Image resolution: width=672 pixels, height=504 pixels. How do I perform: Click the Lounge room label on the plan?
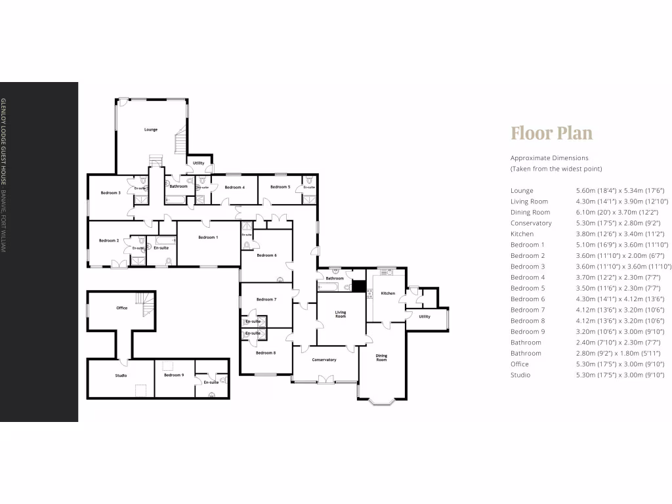tap(151, 129)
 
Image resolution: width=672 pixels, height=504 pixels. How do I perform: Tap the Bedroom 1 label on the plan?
tap(208, 237)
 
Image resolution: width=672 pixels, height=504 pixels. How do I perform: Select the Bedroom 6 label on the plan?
tap(266, 255)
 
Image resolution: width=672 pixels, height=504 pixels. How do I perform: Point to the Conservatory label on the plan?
tap(324, 360)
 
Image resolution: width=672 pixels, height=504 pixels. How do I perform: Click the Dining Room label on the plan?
tap(381, 358)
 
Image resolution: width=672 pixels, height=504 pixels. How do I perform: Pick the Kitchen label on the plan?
tap(388, 293)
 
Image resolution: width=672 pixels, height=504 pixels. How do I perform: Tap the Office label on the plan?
tap(121, 308)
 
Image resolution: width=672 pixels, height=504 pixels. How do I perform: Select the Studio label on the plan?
tap(121, 375)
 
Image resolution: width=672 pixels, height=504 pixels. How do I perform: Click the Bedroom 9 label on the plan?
tap(174, 375)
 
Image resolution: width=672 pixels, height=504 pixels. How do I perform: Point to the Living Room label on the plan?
tap(340, 314)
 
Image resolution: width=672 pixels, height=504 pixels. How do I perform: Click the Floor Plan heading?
tap(551, 133)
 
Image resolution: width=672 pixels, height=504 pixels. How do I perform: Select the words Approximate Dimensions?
tap(549, 158)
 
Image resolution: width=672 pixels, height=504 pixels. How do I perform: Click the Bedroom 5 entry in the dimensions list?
tap(528, 288)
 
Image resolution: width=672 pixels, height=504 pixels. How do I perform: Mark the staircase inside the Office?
tap(146, 303)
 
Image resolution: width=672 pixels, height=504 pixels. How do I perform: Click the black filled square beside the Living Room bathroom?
tap(358, 285)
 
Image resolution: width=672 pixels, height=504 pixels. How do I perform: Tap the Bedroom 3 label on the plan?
tap(110, 193)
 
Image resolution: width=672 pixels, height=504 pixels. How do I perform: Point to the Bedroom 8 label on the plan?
tap(265, 353)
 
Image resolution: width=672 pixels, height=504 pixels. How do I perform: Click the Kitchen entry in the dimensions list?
tap(522, 234)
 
